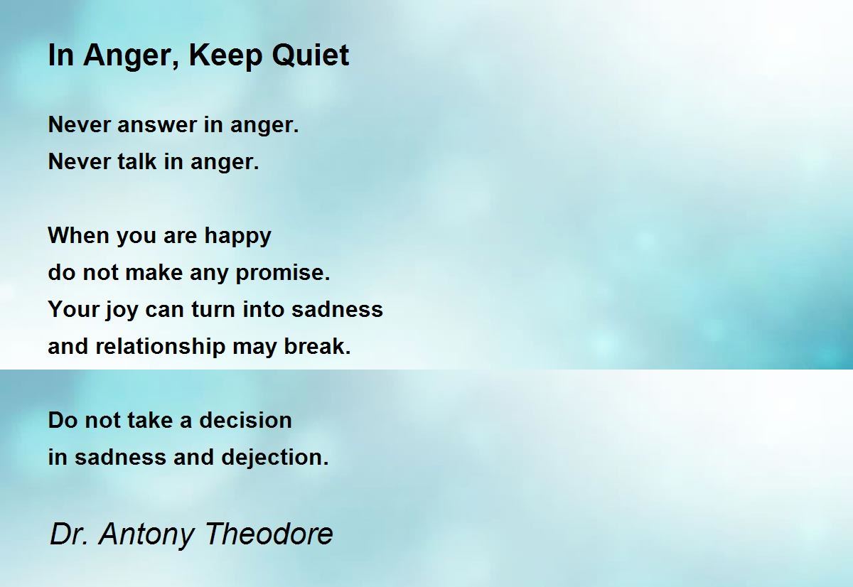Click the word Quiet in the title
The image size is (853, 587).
point(311,56)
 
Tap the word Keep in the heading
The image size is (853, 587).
point(225,58)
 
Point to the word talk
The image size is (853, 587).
point(136,161)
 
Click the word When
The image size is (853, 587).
point(79,235)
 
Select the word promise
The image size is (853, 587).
point(283,274)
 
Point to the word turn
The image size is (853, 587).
point(213,309)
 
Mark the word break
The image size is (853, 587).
point(317,346)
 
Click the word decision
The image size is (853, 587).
point(246,420)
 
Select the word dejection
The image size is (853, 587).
point(275,458)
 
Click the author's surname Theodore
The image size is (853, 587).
point(269,534)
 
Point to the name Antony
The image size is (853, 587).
point(146,535)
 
